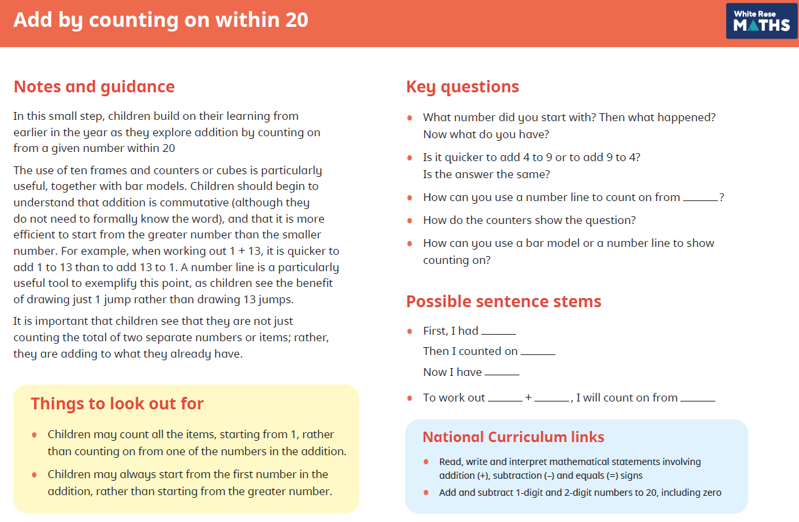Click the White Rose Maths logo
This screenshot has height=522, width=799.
click(x=761, y=21)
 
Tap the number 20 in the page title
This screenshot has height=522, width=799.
click(x=297, y=20)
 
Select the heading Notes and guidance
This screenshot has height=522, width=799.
click(x=94, y=86)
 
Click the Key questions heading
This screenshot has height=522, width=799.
click(x=462, y=87)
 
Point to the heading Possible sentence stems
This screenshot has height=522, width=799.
click(x=504, y=301)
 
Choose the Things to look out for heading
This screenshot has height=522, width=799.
click(x=117, y=403)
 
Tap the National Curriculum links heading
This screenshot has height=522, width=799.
click(x=513, y=437)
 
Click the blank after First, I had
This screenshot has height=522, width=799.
click(x=498, y=334)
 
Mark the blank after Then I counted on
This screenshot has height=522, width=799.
click(x=538, y=354)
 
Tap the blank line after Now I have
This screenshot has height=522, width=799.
click(x=502, y=375)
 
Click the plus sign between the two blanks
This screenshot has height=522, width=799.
click(x=529, y=397)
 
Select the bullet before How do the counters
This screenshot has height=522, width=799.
click(x=409, y=221)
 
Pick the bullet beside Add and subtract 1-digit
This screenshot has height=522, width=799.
click(x=426, y=493)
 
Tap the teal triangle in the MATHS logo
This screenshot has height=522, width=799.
click(x=753, y=26)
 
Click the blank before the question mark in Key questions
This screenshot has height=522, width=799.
click(x=700, y=200)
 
